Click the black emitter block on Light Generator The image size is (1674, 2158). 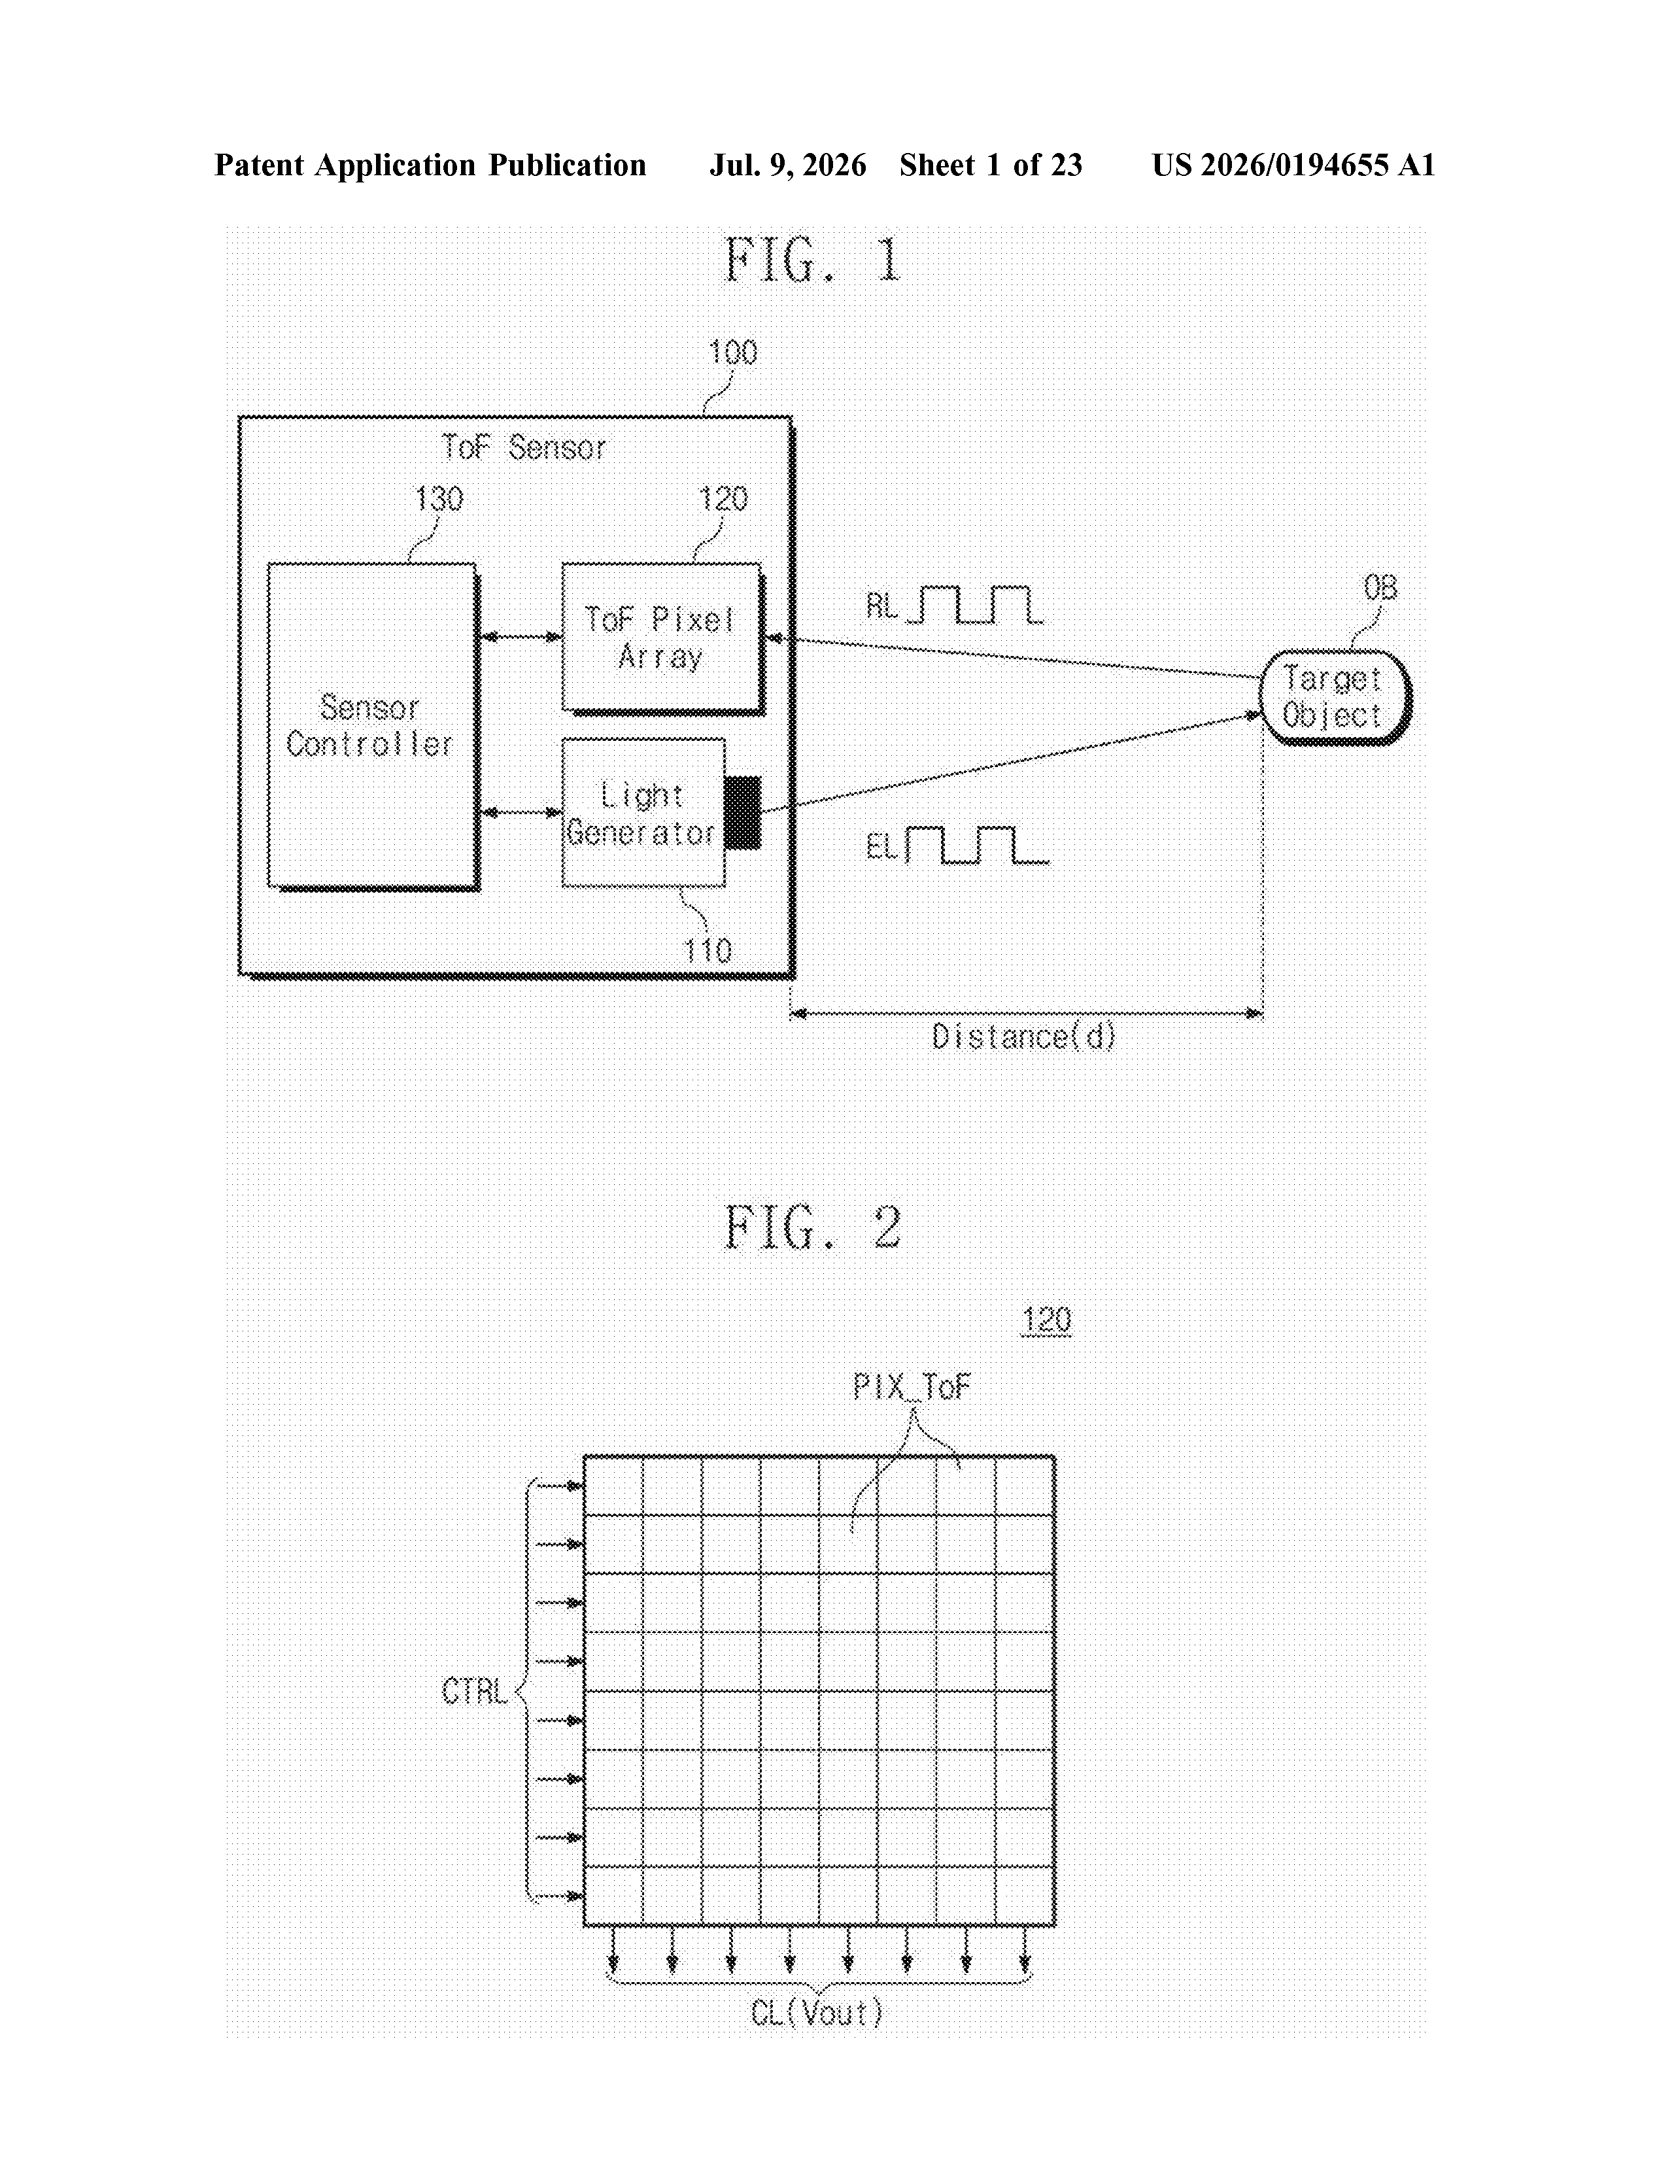743,812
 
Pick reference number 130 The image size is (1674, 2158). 439,499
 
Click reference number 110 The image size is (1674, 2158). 708,951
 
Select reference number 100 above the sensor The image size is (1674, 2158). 732,352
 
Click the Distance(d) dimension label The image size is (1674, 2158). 1024,1036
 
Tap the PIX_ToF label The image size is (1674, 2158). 911,1387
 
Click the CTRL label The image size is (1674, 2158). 474,1692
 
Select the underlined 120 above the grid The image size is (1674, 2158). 1046,1320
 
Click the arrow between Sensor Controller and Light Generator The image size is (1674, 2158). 520,812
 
